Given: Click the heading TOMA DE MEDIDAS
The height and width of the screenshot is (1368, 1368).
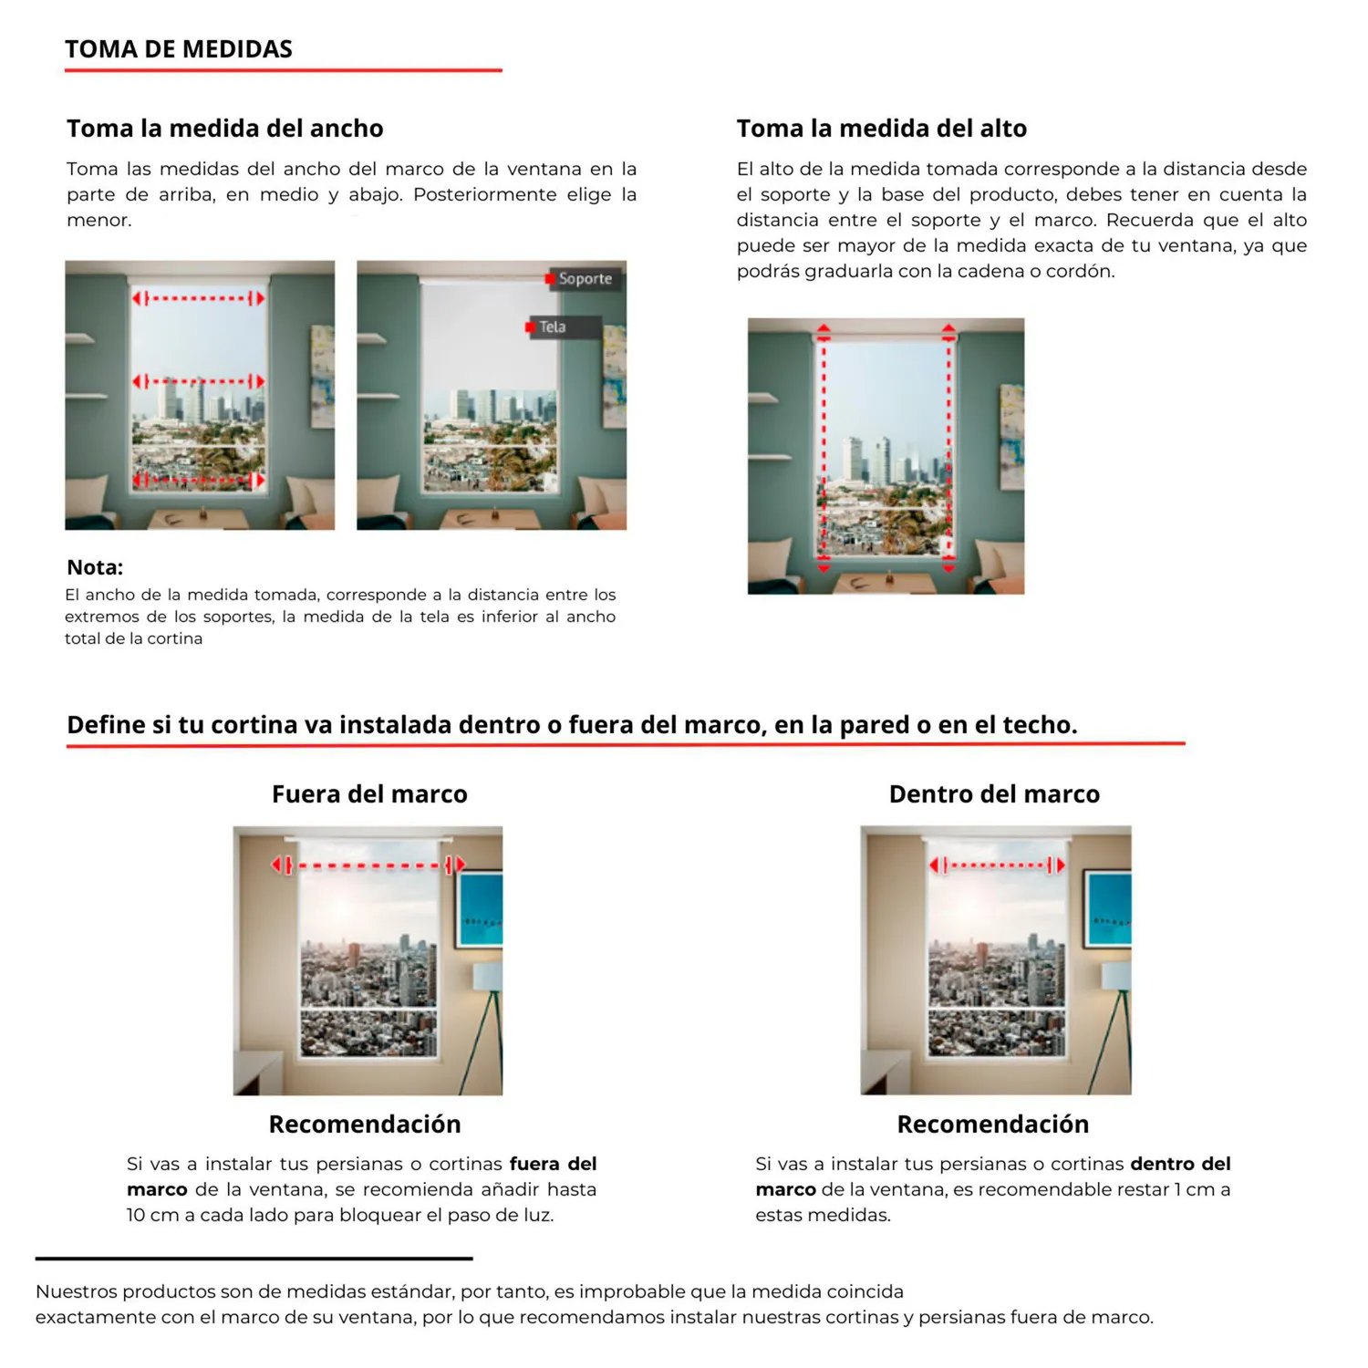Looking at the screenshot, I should tap(179, 49).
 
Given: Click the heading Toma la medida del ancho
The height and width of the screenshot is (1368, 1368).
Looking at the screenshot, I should tap(224, 129).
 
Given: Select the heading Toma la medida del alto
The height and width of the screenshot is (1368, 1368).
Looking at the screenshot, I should tap(881, 129).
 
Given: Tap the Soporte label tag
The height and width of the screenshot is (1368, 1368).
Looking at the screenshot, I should tap(585, 279).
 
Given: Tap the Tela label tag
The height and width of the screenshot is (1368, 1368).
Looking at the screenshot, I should tap(553, 327).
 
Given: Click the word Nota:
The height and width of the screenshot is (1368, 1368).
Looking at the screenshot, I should tap(95, 567).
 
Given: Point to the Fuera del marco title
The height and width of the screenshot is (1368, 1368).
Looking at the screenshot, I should tap(369, 794).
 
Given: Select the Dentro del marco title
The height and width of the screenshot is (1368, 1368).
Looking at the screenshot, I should tap(994, 794).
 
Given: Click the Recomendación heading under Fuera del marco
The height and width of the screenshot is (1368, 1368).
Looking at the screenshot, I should tap(365, 1124).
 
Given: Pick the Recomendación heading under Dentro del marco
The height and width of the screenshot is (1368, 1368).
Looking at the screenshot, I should tap(993, 1124).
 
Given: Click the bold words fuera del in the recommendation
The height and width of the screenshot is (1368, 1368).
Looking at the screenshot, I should tap(553, 1164).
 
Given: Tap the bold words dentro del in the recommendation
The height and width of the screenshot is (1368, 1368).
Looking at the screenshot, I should tap(1180, 1164).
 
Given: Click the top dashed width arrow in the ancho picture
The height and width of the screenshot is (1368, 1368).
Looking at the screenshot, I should tap(199, 298).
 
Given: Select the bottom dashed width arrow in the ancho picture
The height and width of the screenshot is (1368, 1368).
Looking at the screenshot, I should tap(199, 479).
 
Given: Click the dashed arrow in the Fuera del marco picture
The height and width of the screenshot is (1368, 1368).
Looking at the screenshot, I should tap(368, 865).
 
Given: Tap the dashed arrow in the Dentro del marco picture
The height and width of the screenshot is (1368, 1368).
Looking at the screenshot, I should tap(997, 865).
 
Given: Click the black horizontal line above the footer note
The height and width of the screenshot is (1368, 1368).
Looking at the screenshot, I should tap(254, 1259).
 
